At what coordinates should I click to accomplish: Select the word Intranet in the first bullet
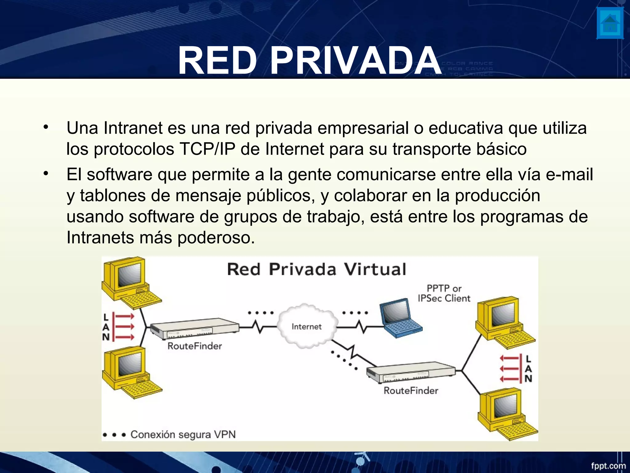coord(133,128)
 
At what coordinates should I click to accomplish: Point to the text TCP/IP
coord(207,149)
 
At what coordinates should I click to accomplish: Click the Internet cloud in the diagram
coord(306,326)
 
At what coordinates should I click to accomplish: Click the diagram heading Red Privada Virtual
coord(317,269)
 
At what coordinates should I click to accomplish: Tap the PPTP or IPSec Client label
coord(444,293)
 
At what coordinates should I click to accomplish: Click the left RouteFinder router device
coord(194,329)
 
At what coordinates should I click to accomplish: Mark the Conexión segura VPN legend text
coord(183,435)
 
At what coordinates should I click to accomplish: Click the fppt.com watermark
coord(608,465)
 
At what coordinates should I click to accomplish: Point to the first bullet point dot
coord(46,127)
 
